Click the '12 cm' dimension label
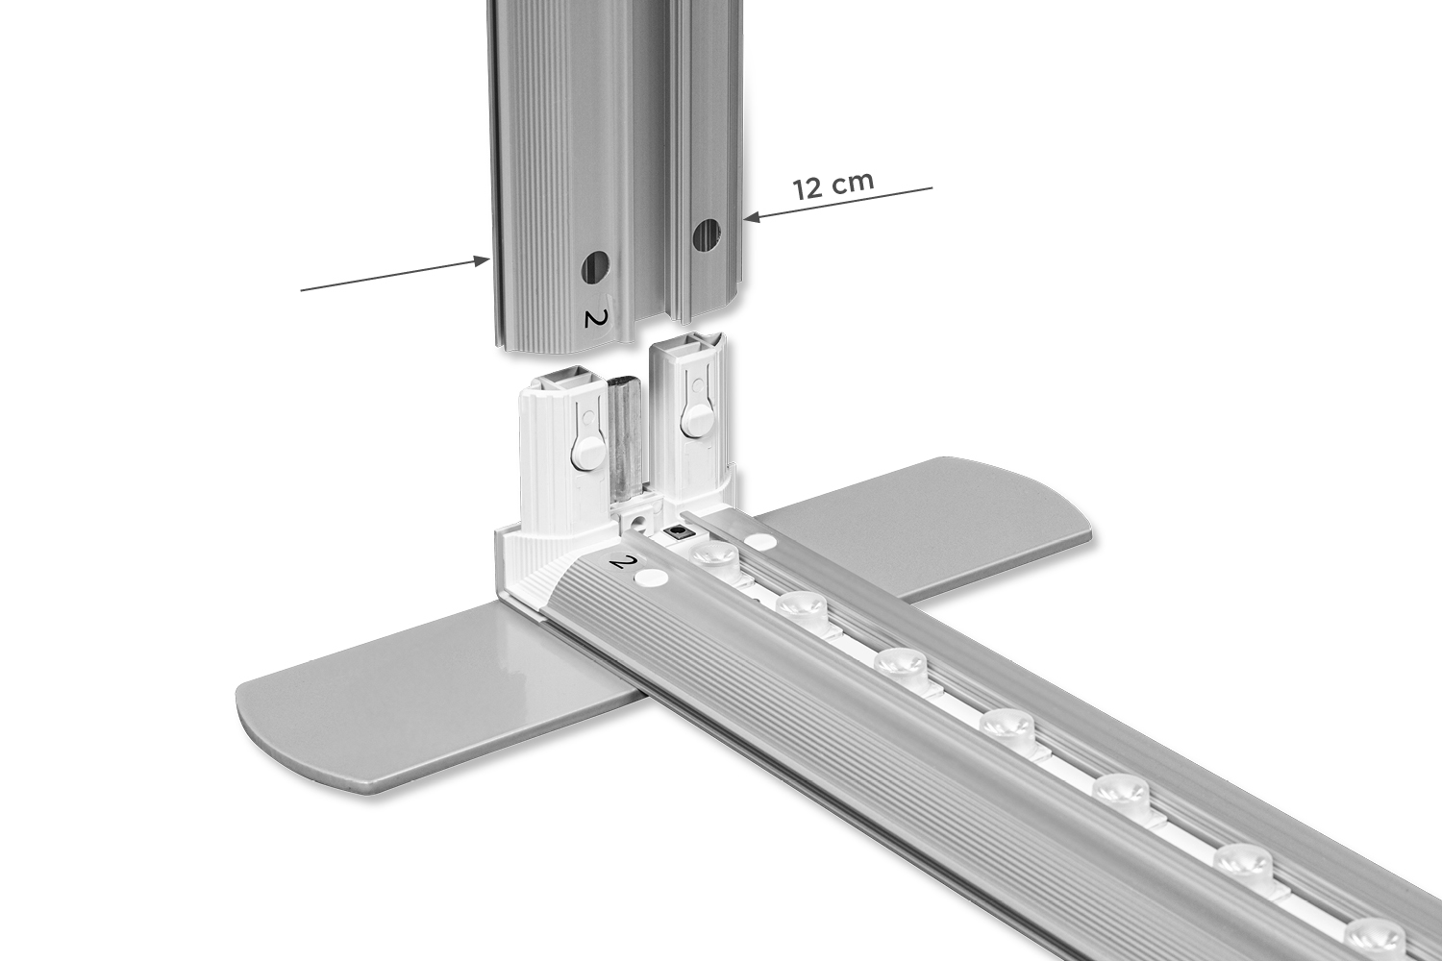(x=833, y=185)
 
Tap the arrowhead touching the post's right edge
(x=753, y=217)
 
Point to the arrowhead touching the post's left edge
(x=482, y=260)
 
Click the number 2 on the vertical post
(x=592, y=317)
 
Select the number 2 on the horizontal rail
(x=620, y=562)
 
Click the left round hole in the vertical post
(x=595, y=266)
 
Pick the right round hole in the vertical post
(x=707, y=236)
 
